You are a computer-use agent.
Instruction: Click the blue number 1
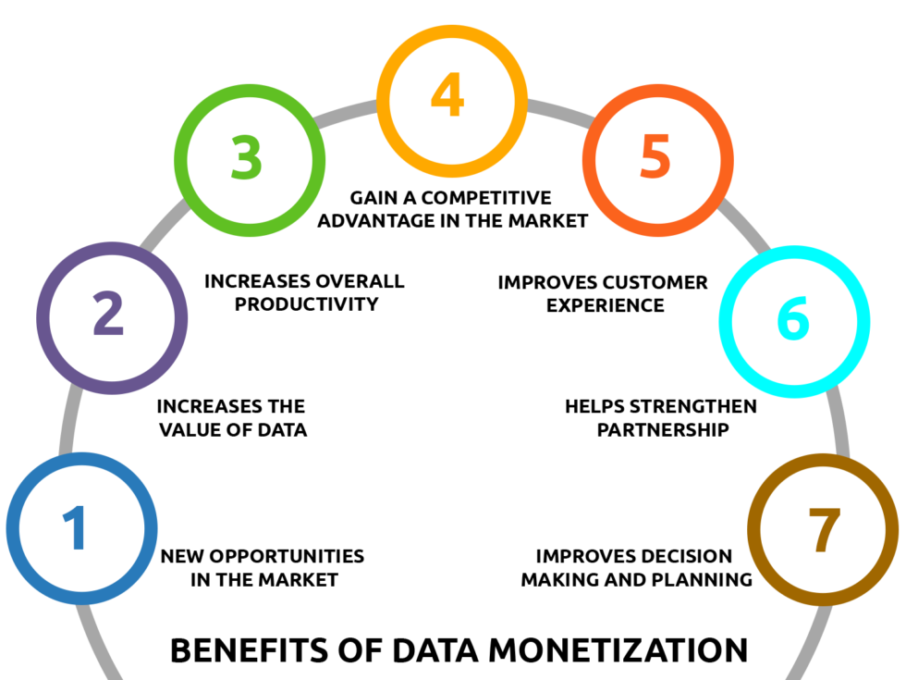(x=76, y=529)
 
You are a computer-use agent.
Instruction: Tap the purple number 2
(x=108, y=315)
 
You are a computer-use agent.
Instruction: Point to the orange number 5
(x=655, y=157)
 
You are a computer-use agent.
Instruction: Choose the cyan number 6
(x=793, y=318)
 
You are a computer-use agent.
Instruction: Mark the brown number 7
(x=822, y=530)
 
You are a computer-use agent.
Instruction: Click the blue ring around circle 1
(x=13, y=529)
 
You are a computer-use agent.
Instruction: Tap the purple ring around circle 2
(x=43, y=317)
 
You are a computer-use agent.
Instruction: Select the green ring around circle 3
(x=180, y=160)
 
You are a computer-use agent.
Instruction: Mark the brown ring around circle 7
(x=753, y=529)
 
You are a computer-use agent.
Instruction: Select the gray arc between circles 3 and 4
(x=347, y=113)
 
